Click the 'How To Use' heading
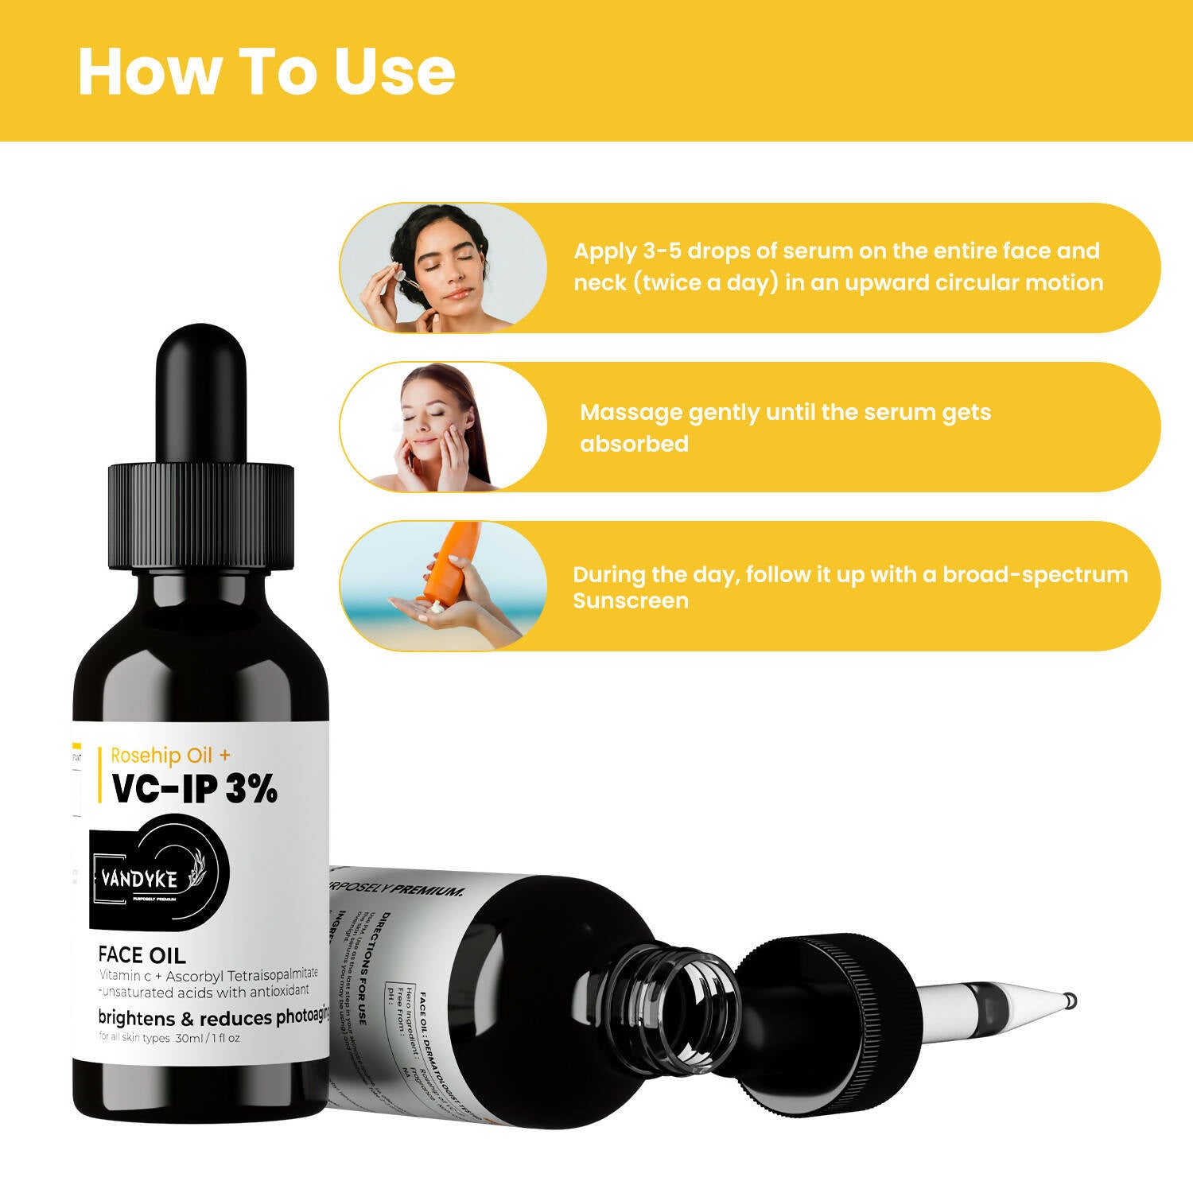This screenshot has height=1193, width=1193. (266, 72)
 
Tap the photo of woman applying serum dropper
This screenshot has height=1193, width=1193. (442, 267)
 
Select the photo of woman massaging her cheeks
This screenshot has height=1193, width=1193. (442, 427)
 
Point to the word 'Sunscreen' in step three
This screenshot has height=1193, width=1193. (631, 601)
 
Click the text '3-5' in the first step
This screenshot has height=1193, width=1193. (662, 251)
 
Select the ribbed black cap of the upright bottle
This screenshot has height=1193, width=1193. (200, 516)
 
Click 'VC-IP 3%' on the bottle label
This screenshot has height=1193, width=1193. (194, 789)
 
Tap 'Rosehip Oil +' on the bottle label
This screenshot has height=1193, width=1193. (170, 755)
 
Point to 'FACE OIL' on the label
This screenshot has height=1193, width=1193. (142, 954)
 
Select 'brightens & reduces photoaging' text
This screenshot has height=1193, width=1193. (213, 1017)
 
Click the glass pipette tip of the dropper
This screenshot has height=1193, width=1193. (1026, 997)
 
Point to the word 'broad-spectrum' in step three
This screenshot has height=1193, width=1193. (1035, 574)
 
